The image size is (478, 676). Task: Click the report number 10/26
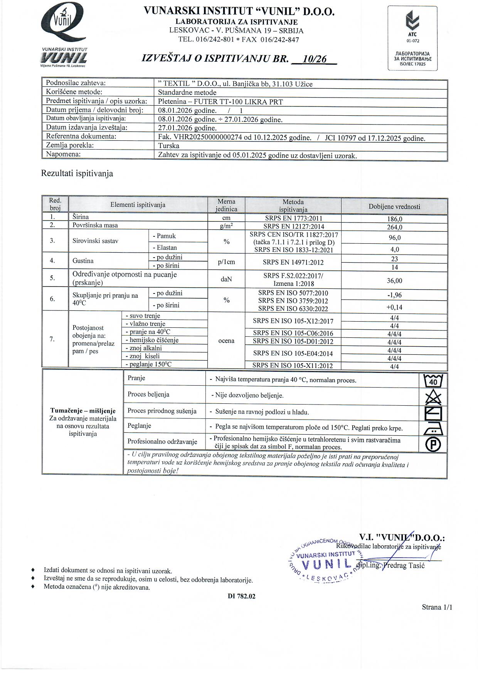[315, 59]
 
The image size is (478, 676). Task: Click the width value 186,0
[394, 219]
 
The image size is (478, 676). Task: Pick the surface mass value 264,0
[394, 227]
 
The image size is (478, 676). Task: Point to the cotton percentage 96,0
[394, 238]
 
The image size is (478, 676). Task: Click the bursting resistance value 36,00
[394, 281]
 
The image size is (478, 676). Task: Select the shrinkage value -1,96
[394, 295]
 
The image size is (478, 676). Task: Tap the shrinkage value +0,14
[394, 307]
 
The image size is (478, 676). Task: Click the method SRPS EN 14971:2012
[293, 263]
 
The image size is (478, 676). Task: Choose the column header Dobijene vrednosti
[394, 207]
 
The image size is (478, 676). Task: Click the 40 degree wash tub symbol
[433, 381]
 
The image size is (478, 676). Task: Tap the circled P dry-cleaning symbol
[433, 445]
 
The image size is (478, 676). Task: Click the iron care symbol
[433, 428]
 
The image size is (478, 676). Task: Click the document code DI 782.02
[241, 596]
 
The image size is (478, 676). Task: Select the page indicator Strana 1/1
[437, 607]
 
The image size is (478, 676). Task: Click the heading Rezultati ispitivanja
[77, 174]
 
